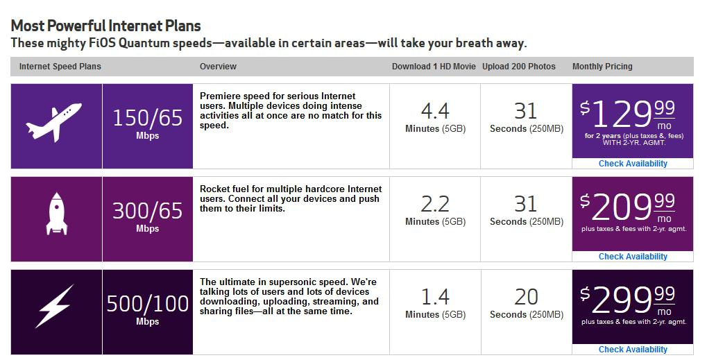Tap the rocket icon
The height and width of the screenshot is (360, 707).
[x=56, y=214]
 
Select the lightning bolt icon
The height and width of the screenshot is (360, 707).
[x=55, y=306]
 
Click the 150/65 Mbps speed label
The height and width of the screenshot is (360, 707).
[x=148, y=123]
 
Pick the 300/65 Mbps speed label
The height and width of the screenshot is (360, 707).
[x=148, y=216]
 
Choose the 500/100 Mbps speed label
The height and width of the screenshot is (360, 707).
[x=148, y=309]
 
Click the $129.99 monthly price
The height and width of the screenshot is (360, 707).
[x=628, y=114]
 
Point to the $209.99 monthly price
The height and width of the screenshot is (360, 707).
[x=628, y=207]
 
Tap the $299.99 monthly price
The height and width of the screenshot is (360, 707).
[x=628, y=300]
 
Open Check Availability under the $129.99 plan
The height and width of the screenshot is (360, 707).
[x=633, y=164]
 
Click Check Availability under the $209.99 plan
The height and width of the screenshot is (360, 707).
[x=633, y=257]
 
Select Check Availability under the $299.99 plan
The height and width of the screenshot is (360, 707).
[x=633, y=349]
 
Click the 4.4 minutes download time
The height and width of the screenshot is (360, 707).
[x=435, y=117]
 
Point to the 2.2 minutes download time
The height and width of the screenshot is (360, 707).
[x=435, y=210]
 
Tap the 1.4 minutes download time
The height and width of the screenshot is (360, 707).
[x=435, y=303]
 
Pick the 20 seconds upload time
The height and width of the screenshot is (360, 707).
[x=526, y=303]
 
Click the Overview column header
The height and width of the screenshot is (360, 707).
[x=218, y=66]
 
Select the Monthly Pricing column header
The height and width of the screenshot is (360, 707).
[x=602, y=67]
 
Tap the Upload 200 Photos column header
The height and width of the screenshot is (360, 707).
[x=518, y=66]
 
